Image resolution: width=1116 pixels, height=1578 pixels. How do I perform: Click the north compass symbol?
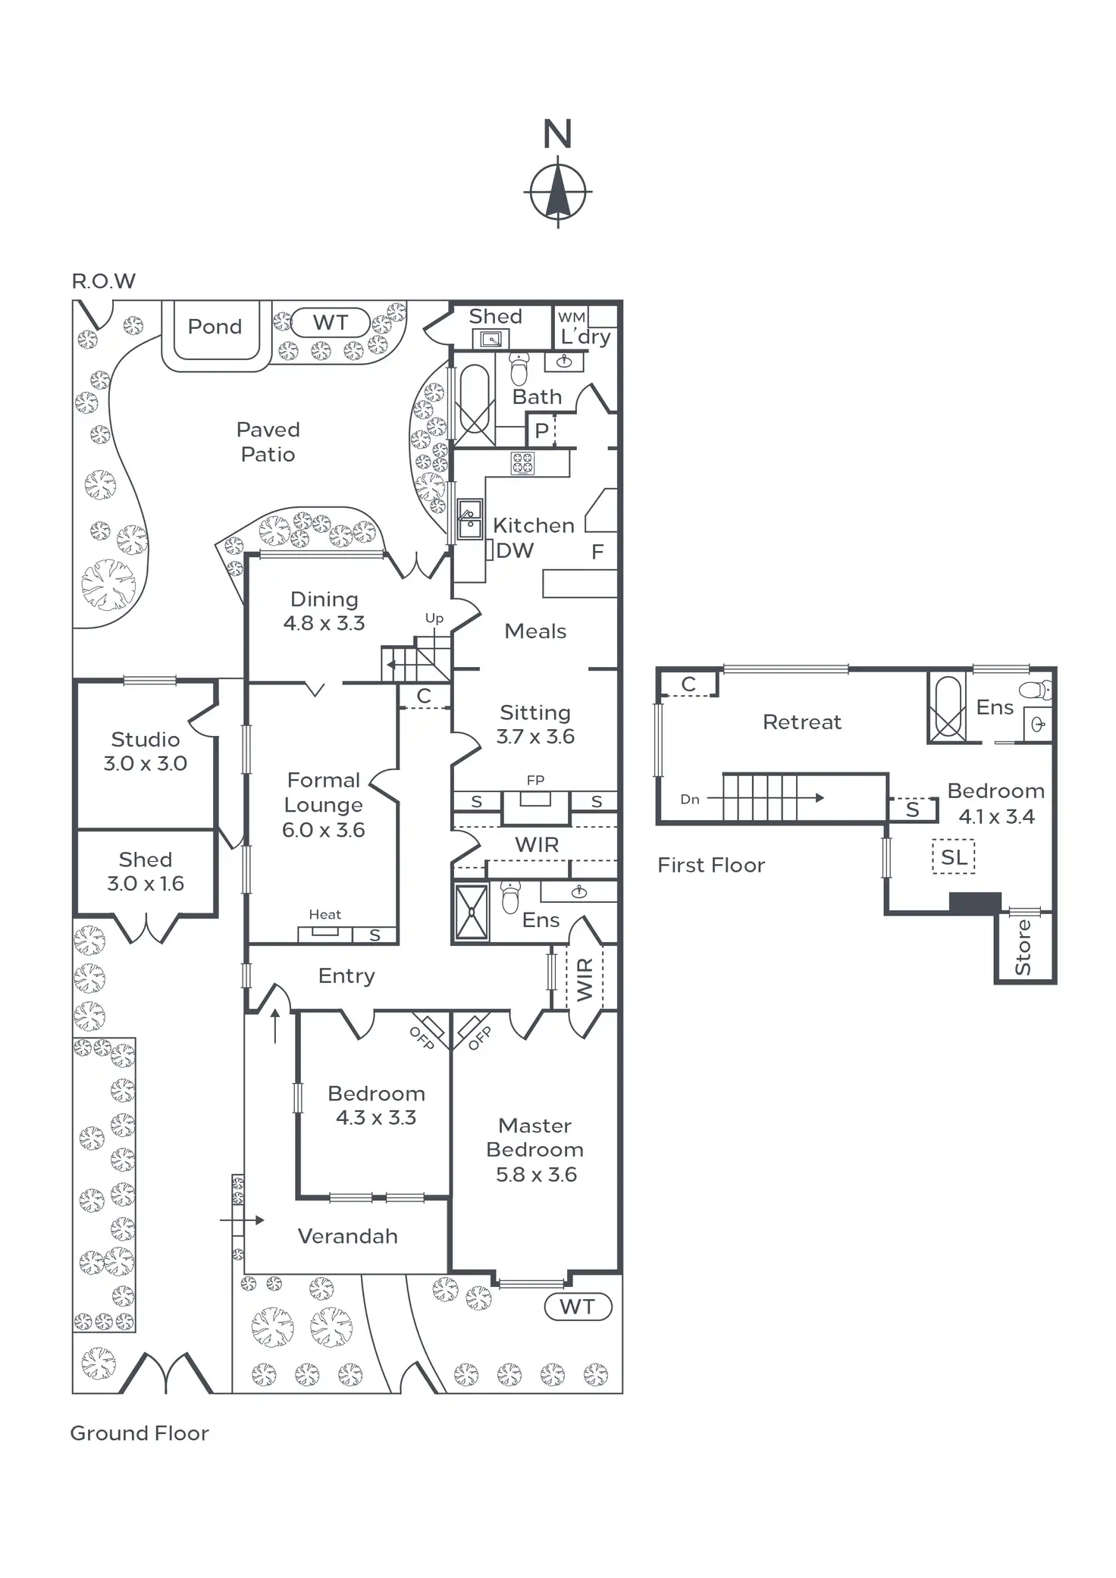pos(557,192)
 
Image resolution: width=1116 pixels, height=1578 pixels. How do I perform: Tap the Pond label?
pos(215,327)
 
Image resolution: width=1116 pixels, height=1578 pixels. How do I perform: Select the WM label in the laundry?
pos(572,318)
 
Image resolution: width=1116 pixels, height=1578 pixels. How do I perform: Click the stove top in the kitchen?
pos(522,462)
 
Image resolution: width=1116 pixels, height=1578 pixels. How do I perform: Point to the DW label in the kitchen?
pos(515,551)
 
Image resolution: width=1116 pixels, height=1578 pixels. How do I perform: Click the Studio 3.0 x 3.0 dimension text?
pos(146,763)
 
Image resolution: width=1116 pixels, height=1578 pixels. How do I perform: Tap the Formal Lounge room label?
pos(323,793)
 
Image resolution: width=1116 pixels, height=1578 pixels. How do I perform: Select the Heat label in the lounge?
pos(324,915)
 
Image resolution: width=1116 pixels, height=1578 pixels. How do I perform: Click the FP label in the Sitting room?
pos(535,780)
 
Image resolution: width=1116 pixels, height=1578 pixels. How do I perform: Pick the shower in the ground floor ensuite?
pos(472,912)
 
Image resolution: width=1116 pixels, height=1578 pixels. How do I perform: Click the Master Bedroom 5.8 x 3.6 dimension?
pos(536,1175)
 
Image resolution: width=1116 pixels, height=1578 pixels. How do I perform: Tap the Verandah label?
pos(347,1236)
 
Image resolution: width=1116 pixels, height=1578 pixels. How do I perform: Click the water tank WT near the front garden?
pos(578,1307)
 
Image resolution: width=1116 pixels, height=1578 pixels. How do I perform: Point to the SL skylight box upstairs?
pos(953,857)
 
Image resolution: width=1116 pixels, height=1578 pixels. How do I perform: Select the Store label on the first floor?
pos(1024,947)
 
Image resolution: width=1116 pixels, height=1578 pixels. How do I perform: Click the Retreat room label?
pos(801,722)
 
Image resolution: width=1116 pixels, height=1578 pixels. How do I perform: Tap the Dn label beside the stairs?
pos(690,799)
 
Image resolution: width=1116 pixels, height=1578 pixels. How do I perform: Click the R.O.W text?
pos(103,281)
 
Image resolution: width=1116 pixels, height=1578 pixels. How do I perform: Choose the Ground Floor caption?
pos(139,1433)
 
